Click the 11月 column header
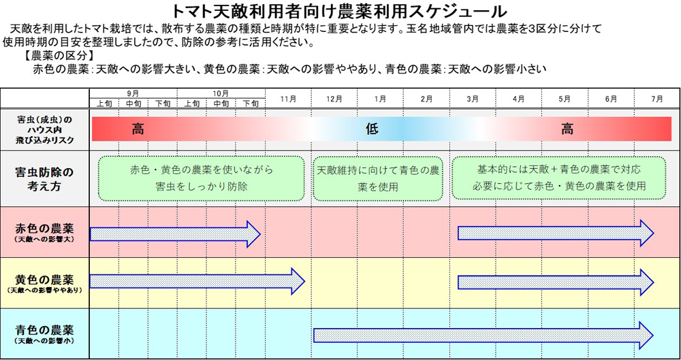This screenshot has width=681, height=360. point(288,99)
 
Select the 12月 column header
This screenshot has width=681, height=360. point(334,99)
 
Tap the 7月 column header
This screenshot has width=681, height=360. point(657,99)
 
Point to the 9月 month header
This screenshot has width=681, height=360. point(133,93)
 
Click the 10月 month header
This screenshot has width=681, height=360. point(221,93)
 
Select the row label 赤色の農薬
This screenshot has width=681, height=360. point(44,229)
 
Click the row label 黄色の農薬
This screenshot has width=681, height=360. point(44,278)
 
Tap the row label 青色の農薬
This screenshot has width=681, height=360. point(44,329)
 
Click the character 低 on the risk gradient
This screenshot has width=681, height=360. point(372,129)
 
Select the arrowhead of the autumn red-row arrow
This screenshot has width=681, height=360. point(253,234)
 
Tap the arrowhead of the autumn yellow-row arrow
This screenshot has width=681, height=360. point(298,281)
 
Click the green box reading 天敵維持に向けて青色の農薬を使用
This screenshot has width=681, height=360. point(378,178)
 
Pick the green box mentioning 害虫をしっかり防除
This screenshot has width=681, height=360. point(202,178)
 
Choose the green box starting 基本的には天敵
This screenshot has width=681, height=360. point(559,178)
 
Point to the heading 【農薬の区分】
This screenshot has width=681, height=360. point(59,56)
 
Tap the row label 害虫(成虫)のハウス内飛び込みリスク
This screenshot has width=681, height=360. point(44,129)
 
